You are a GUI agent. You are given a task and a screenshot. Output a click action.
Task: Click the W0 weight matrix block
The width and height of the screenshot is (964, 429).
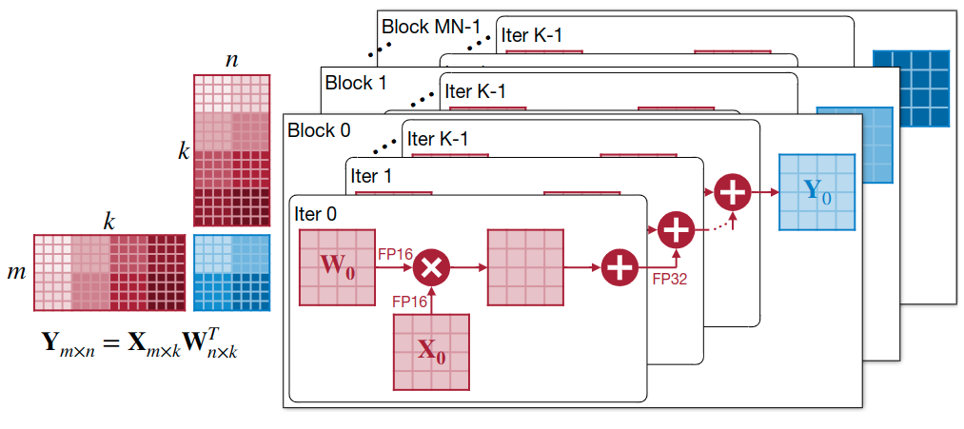point(337,267)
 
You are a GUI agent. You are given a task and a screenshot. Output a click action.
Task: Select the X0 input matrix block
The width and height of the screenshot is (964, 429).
point(432,352)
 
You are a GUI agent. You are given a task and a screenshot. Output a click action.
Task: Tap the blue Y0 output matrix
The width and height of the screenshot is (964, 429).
point(817,192)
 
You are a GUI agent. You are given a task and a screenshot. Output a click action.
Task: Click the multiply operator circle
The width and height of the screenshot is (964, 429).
point(431,268)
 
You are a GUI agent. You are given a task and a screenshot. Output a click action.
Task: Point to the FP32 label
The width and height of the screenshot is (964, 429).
point(671,279)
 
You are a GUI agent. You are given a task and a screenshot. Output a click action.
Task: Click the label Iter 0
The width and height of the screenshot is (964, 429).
point(316,214)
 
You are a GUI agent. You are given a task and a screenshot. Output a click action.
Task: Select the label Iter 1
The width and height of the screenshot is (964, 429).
point(371,176)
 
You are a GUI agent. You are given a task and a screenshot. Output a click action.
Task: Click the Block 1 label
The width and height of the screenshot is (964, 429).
point(356,83)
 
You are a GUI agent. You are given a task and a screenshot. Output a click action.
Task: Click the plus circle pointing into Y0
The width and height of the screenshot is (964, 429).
point(732,192)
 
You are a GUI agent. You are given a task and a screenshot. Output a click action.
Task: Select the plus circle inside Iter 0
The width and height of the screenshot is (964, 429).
point(620,268)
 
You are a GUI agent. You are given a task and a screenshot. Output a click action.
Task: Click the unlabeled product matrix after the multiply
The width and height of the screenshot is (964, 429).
point(525,267)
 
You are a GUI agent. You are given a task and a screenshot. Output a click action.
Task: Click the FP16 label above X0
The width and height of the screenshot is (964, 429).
point(409,302)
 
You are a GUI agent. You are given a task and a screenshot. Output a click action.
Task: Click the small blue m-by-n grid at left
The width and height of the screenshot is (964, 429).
point(232,273)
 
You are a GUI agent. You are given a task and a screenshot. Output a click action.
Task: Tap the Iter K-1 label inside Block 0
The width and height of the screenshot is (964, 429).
point(438,138)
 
